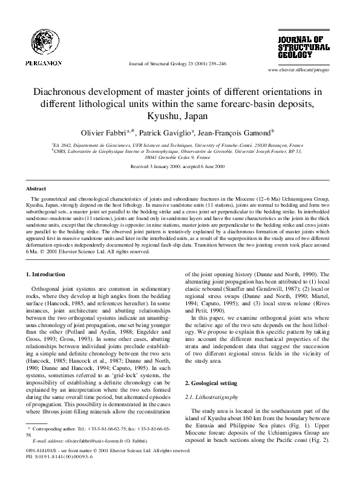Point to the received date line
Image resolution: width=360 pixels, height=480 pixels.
click(180, 166)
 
